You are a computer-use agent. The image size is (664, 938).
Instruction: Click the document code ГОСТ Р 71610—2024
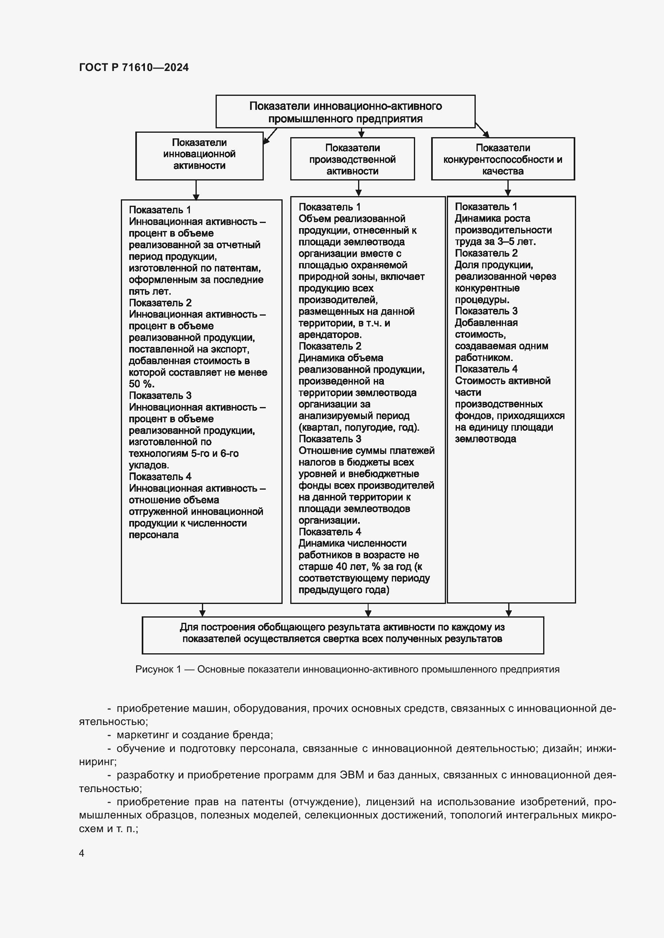click(x=134, y=67)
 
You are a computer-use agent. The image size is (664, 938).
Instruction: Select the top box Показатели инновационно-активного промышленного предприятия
click(x=345, y=112)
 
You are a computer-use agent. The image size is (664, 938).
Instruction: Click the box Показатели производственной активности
click(x=352, y=159)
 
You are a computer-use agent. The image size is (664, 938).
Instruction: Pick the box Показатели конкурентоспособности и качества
click(x=503, y=159)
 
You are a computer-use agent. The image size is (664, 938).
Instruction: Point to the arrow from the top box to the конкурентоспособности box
click(x=482, y=130)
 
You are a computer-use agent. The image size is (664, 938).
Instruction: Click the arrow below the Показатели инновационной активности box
click(x=196, y=190)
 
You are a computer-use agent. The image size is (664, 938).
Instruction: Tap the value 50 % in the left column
click(x=141, y=384)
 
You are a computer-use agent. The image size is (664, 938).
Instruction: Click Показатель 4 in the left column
click(x=160, y=477)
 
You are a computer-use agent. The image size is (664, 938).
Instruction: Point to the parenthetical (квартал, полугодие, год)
click(x=358, y=428)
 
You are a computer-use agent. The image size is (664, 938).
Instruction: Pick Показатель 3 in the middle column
click(x=330, y=439)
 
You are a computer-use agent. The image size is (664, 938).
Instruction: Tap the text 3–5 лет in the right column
click(x=516, y=241)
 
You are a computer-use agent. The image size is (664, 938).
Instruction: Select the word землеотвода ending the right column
click(x=485, y=439)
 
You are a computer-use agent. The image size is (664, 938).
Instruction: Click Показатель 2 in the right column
click(x=486, y=253)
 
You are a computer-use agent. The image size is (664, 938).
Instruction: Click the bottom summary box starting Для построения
click(x=342, y=635)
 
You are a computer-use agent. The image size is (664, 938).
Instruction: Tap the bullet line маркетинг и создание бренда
click(x=195, y=735)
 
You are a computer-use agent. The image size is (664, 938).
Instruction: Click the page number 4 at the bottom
click(x=82, y=853)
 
